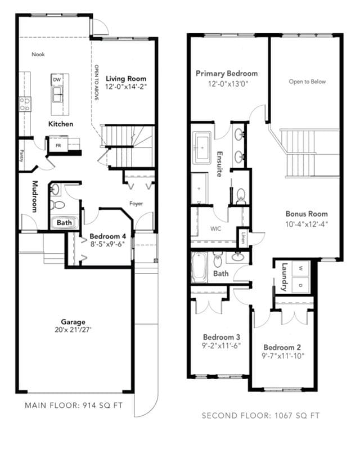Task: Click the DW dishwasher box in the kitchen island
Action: [57, 80]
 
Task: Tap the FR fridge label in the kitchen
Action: [58, 145]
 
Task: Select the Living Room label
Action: [126, 79]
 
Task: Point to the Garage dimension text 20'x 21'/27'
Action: [73, 330]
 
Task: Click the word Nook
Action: [38, 55]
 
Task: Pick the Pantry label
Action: [22, 156]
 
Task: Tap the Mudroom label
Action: [35, 196]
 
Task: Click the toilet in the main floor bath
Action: [57, 205]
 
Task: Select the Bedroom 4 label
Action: [108, 236]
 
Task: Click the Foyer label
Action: [136, 204]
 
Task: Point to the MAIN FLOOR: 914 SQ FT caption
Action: [74, 406]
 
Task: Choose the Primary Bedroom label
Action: [227, 74]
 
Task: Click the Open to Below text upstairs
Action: [307, 82]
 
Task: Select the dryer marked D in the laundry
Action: [301, 285]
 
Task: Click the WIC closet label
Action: [215, 229]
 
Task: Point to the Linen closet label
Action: [243, 238]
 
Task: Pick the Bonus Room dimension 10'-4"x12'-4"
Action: [307, 224]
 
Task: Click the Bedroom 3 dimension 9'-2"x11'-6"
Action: [221, 345]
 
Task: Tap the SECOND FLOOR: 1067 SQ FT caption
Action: [260, 416]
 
